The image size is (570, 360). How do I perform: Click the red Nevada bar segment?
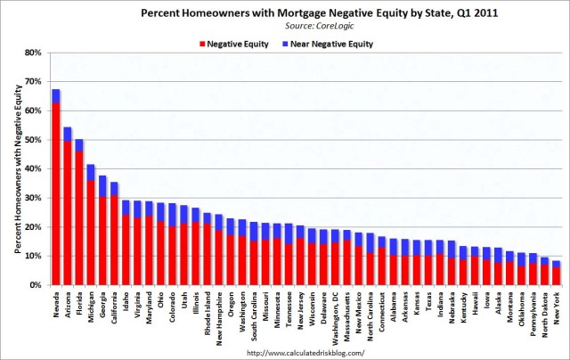click(56, 196)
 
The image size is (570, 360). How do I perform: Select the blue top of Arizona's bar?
click(68, 134)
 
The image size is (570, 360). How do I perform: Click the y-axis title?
click(12, 169)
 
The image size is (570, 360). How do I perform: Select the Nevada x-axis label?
click(56, 304)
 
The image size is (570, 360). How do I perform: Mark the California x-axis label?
click(114, 307)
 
